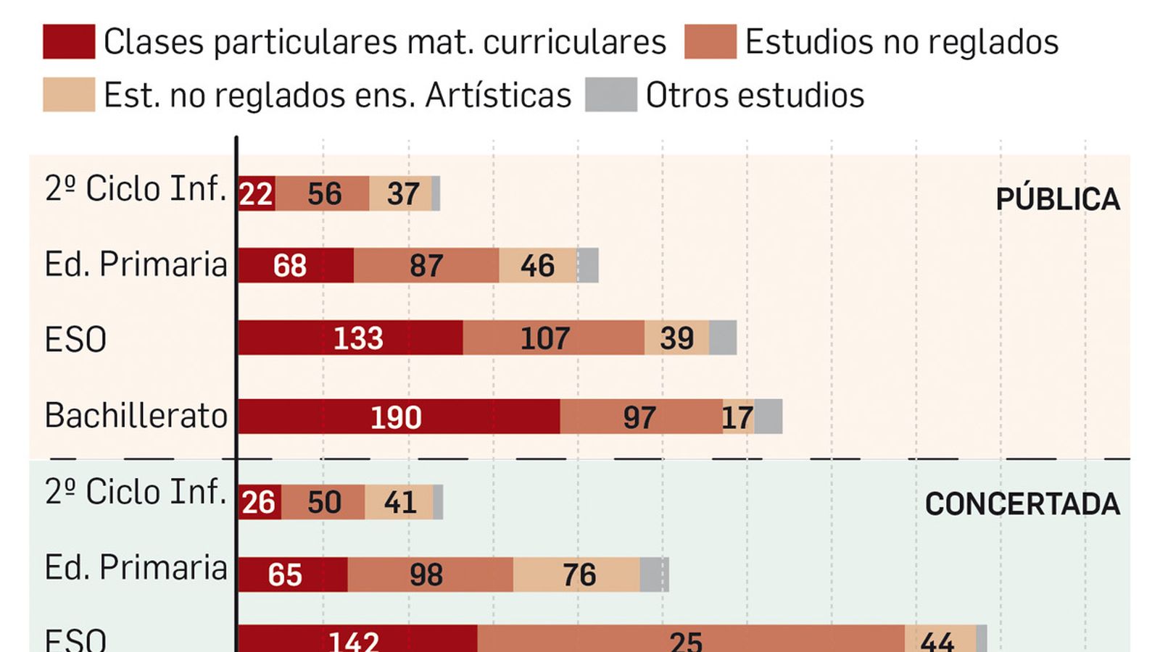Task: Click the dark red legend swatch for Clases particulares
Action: coord(69,41)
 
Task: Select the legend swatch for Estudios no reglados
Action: coord(710,41)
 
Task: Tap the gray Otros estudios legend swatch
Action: coord(611,95)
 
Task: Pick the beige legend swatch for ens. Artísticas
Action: coord(69,95)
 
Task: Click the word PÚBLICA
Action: coord(1057,199)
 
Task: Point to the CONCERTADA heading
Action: coord(1022,504)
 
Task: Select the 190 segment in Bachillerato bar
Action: coord(397,417)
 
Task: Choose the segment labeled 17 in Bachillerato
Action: coord(738,417)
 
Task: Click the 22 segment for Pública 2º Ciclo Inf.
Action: coord(256,193)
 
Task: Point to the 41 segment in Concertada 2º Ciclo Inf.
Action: coord(399,503)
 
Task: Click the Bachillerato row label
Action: coord(136,416)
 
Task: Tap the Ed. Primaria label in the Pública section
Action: coord(136,264)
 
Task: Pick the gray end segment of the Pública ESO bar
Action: coord(722,338)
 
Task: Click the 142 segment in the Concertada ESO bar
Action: coord(355,640)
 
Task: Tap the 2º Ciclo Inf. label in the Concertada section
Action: coord(136,493)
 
